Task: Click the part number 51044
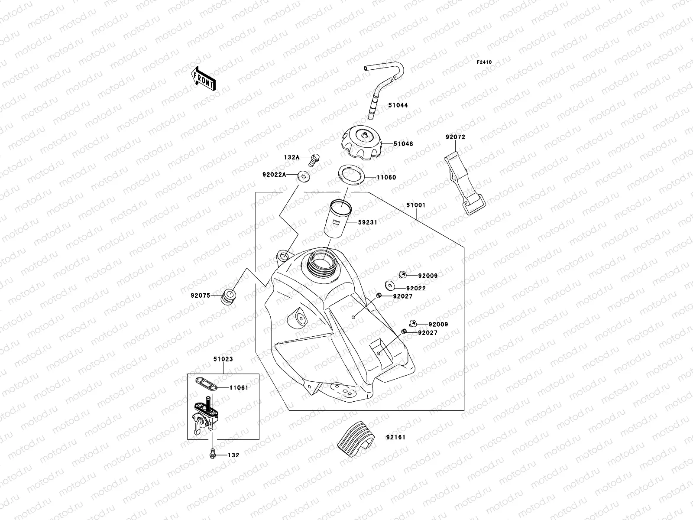pyautogui.click(x=398, y=105)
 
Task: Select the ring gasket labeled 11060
pyautogui.click(x=350, y=177)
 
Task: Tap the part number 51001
pyautogui.click(x=415, y=206)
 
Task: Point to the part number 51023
pyautogui.click(x=223, y=359)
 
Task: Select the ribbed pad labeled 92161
pyautogui.click(x=354, y=438)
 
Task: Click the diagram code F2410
pyautogui.click(x=484, y=62)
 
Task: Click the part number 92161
pyautogui.click(x=396, y=438)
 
